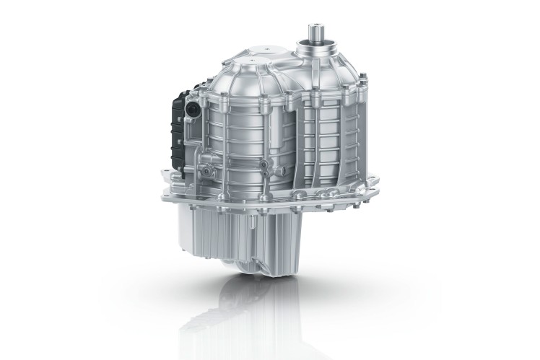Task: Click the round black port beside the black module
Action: click(x=191, y=110)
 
